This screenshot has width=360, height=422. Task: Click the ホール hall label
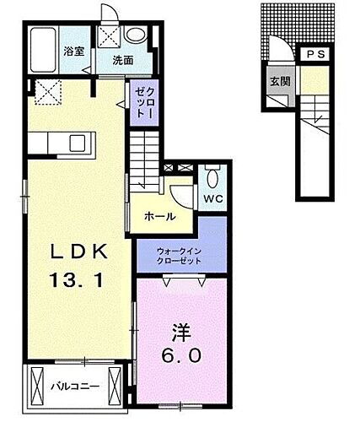click(159, 216)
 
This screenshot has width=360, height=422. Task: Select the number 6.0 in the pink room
click(181, 355)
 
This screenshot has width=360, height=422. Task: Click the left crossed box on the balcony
click(38, 386)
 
